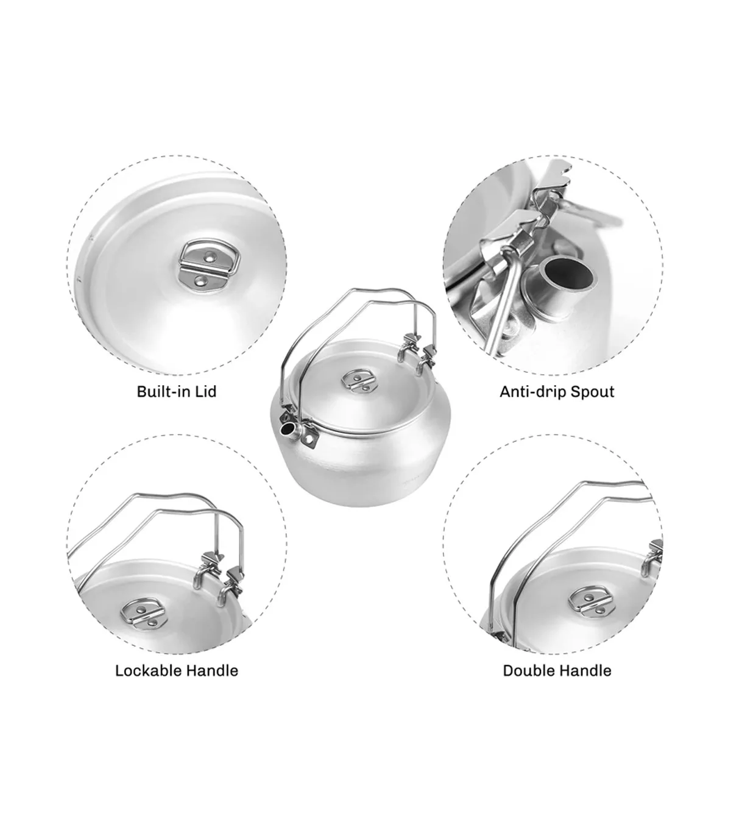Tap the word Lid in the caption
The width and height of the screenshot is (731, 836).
tap(206, 391)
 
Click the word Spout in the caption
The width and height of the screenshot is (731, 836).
tap(593, 392)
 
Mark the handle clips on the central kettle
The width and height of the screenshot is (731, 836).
tap(415, 352)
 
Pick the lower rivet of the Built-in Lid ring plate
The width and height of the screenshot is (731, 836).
tap(200, 280)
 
